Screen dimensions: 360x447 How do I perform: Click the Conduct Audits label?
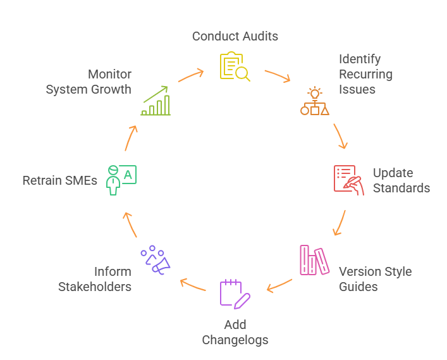pyautogui.click(x=235, y=36)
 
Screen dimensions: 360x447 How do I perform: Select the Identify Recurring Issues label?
pyautogui.click(x=365, y=74)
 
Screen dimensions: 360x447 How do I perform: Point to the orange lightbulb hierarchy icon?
pyautogui.click(x=314, y=101)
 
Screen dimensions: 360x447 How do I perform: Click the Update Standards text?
pyautogui.click(x=401, y=180)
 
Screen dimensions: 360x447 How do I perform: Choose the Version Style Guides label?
pyautogui.click(x=375, y=279)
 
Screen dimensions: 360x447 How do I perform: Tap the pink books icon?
pyautogui.click(x=314, y=260)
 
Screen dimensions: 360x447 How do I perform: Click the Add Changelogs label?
pyautogui.click(x=235, y=332)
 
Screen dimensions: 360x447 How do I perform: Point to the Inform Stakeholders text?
pyautogui.click(x=95, y=279)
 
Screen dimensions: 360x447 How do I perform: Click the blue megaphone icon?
pyautogui.click(x=155, y=260)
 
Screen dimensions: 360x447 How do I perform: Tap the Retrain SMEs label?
pyautogui.click(x=59, y=181)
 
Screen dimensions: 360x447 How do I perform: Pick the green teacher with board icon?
pyautogui.click(x=121, y=180)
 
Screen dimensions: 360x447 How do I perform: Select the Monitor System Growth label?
pyautogui.click(x=89, y=82)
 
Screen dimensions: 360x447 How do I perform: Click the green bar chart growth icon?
pyautogui.click(x=156, y=101)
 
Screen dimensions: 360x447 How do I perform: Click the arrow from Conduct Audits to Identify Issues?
pyautogui.click(x=277, y=75)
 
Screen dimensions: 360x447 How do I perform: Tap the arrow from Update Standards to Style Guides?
pyautogui.click(x=340, y=222)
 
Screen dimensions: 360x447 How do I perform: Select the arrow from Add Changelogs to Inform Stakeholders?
pyautogui.click(x=193, y=285)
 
